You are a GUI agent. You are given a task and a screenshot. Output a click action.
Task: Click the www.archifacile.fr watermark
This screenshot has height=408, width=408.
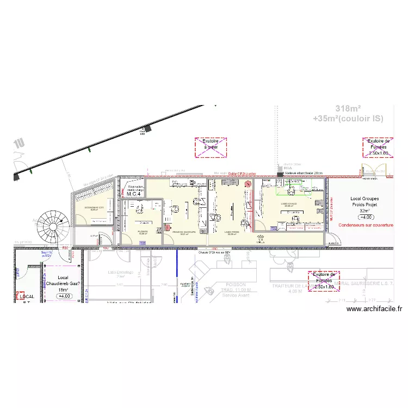pos(374,309)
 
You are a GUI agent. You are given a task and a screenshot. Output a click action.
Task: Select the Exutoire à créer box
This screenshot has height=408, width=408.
pos(211,147)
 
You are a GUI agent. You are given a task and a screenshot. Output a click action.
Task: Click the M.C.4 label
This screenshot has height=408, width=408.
pos(134,194)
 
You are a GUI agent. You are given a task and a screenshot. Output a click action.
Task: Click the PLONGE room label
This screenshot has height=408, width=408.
pos(143,232)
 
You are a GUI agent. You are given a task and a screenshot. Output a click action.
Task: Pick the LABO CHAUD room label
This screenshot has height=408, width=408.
pos(288,205)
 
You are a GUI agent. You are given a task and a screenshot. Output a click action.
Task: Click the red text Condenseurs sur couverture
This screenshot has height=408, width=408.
pos(366,224)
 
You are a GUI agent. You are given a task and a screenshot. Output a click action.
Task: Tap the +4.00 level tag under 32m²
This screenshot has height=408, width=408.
pos(365,217)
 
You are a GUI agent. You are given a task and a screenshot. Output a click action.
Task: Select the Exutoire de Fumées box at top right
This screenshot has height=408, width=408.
pos(379,147)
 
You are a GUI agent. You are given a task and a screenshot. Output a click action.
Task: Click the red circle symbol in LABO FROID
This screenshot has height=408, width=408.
pos(249,184)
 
